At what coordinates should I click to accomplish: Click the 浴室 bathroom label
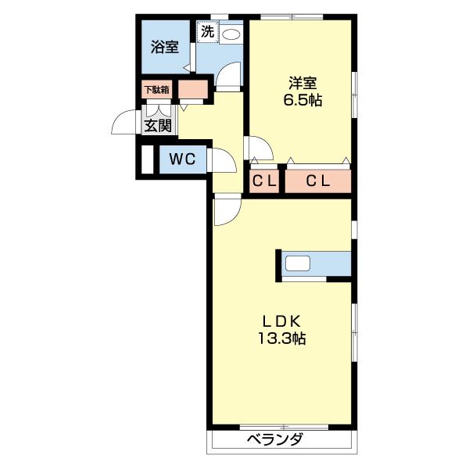[165, 46]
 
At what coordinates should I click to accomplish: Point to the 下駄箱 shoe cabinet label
[156, 89]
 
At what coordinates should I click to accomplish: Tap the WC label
[182, 160]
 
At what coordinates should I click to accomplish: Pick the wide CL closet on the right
[317, 181]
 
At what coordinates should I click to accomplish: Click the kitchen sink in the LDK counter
[299, 263]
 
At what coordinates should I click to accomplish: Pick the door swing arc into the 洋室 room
[259, 149]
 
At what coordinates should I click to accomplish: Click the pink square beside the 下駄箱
[193, 90]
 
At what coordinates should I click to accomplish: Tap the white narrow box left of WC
[147, 159]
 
